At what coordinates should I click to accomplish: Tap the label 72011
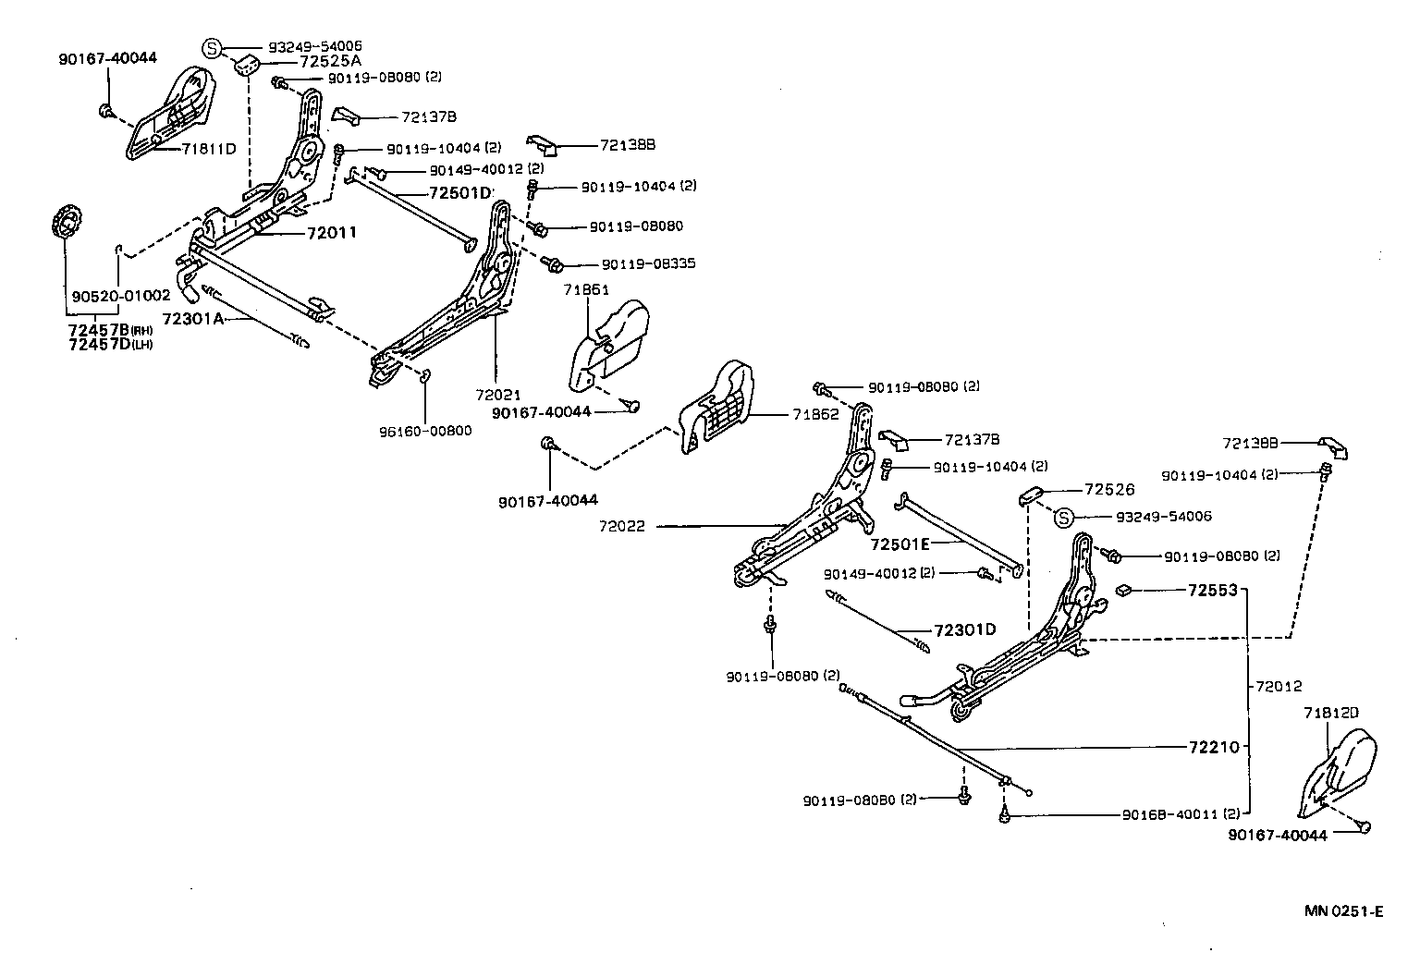point(332,233)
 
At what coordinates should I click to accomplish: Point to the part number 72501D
point(460,193)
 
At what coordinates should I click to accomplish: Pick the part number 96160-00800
point(425,430)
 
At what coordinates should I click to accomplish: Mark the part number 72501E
point(900,544)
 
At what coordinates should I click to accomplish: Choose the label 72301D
point(964,629)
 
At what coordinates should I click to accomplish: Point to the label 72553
point(1212,589)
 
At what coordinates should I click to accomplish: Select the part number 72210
point(1213,746)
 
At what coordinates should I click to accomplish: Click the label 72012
point(1279,686)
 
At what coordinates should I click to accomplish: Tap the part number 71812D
point(1331,713)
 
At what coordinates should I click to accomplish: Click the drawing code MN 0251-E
point(1343,910)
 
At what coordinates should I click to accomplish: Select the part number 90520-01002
point(121,297)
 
